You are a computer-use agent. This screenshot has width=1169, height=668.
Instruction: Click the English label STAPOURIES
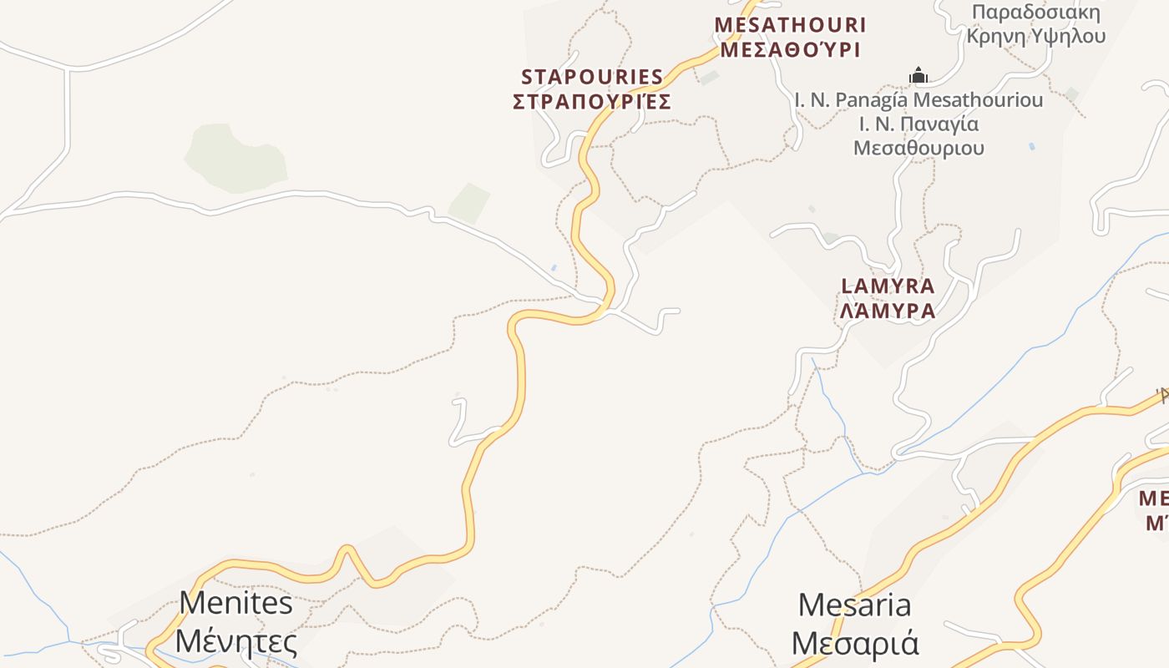pos(591,77)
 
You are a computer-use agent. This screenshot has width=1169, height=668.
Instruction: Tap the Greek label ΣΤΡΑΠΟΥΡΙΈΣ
pos(591,102)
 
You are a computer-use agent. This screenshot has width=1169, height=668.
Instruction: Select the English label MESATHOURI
pos(790,25)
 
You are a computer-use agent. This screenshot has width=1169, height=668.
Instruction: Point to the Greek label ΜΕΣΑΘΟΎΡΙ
pos(790,50)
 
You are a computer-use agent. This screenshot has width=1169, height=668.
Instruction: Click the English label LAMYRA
pos(888,286)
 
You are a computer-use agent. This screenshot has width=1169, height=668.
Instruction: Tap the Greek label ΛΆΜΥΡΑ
pos(888,311)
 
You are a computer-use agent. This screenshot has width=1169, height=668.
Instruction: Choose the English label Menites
pos(236,603)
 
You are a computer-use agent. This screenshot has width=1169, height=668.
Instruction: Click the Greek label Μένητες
pos(236,642)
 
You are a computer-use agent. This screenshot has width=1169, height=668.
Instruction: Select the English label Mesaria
pos(854,605)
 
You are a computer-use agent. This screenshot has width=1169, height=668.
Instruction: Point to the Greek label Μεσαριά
pos(854,644)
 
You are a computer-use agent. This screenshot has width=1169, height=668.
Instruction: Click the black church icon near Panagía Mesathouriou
pos(918,76)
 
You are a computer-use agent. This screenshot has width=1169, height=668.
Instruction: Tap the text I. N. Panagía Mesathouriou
pos(918,100)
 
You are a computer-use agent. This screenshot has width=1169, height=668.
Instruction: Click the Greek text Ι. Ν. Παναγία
pos(918,124)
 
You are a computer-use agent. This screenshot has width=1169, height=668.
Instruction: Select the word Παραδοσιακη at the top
pos(1035,13)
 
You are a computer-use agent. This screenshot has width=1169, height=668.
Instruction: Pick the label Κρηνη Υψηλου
pos(1035,36)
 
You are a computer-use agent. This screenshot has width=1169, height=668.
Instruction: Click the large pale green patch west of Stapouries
pos(235,158)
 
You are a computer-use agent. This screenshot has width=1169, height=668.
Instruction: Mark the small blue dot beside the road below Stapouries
pos(554,268)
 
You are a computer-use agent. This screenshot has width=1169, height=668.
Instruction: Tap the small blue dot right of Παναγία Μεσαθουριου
pos(1032,146)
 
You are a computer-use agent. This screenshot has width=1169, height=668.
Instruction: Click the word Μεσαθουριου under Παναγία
pos(918,149)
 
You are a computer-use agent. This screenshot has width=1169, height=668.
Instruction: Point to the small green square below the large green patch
pos(469,203)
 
